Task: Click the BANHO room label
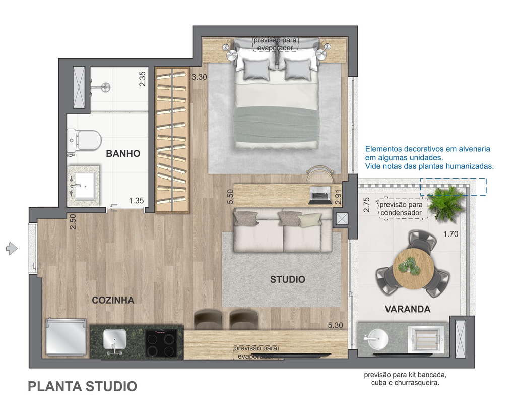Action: click(123, 153)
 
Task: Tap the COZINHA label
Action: click(113, 300)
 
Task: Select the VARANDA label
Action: click(408, 309)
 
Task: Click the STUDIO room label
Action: click(288, 279)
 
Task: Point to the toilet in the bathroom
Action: click(84, 140)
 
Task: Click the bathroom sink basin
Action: click(85, 186)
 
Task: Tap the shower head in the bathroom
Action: click(105, 87)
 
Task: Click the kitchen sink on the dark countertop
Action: click(114, 339)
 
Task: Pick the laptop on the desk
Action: click(320, 193)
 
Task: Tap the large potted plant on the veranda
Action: click(447, 202)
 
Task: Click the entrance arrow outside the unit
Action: click(12, 248)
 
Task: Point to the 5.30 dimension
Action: click(335, 325)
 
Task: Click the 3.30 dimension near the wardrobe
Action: click(200, 77)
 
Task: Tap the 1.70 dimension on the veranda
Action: click(450, 234)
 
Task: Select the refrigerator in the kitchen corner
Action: click(66, 336)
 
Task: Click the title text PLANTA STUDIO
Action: click(82, 386)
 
